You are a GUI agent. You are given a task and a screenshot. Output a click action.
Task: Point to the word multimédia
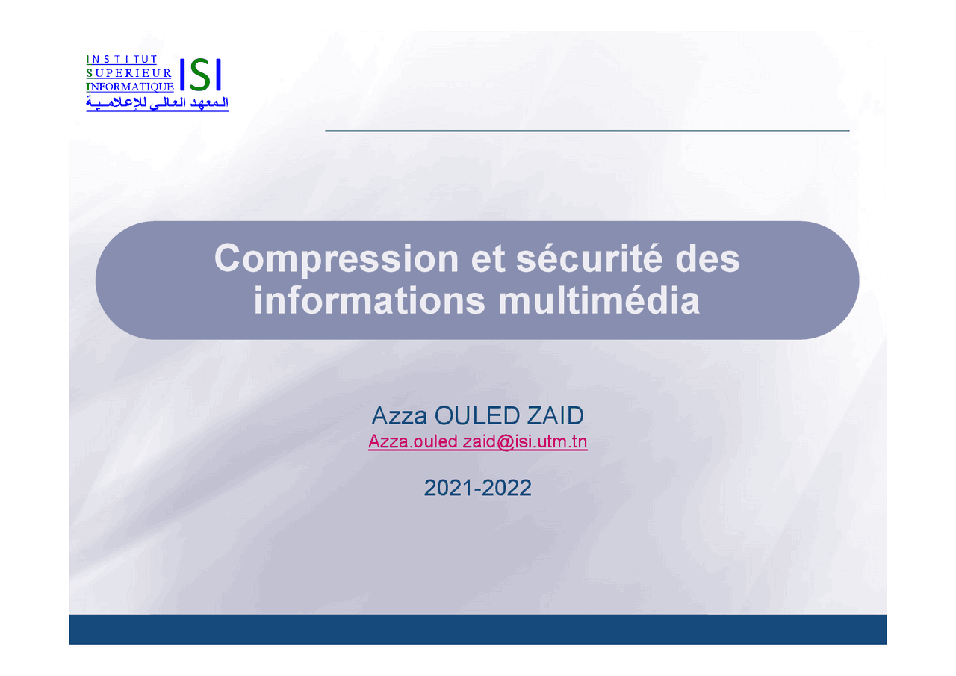(599, 301)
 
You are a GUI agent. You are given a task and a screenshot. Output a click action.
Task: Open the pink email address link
(477, 442)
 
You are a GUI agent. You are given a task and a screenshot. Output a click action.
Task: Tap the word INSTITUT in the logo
(122, 59)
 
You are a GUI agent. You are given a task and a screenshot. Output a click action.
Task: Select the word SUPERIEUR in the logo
(129, 73)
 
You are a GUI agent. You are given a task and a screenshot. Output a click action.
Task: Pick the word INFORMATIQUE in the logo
(131, 87)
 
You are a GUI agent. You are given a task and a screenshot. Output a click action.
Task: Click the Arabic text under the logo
(158, 103)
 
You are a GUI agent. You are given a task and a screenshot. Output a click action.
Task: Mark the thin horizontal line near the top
(587, 131)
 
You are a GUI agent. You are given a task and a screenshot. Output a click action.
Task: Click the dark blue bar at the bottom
(478, 629)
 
